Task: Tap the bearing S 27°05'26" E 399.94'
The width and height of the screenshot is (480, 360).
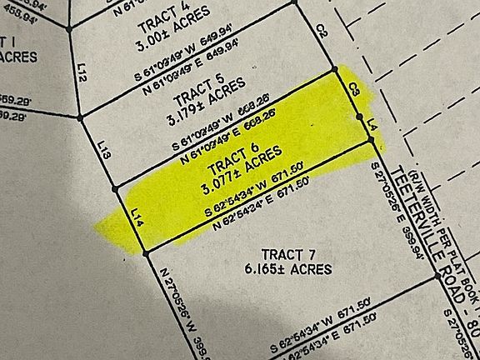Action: point(396,212)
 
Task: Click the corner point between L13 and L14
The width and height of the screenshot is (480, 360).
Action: point(113,186)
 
